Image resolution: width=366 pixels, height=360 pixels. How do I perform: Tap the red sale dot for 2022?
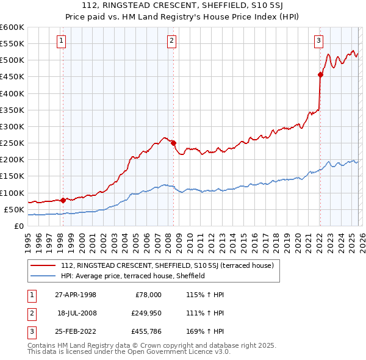pos(320,74)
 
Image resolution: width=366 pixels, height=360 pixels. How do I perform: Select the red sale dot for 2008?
pos(173,143)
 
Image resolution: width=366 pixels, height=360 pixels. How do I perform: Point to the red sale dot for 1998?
pos(63,200)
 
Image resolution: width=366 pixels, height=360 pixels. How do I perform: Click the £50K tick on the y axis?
pos(14,209)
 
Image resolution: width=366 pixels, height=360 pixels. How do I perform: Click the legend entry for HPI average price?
pos(132,276)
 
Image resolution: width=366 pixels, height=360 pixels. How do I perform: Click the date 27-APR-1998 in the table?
pos(76,295)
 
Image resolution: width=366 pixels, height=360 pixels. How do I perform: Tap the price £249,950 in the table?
pos(145,313)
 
